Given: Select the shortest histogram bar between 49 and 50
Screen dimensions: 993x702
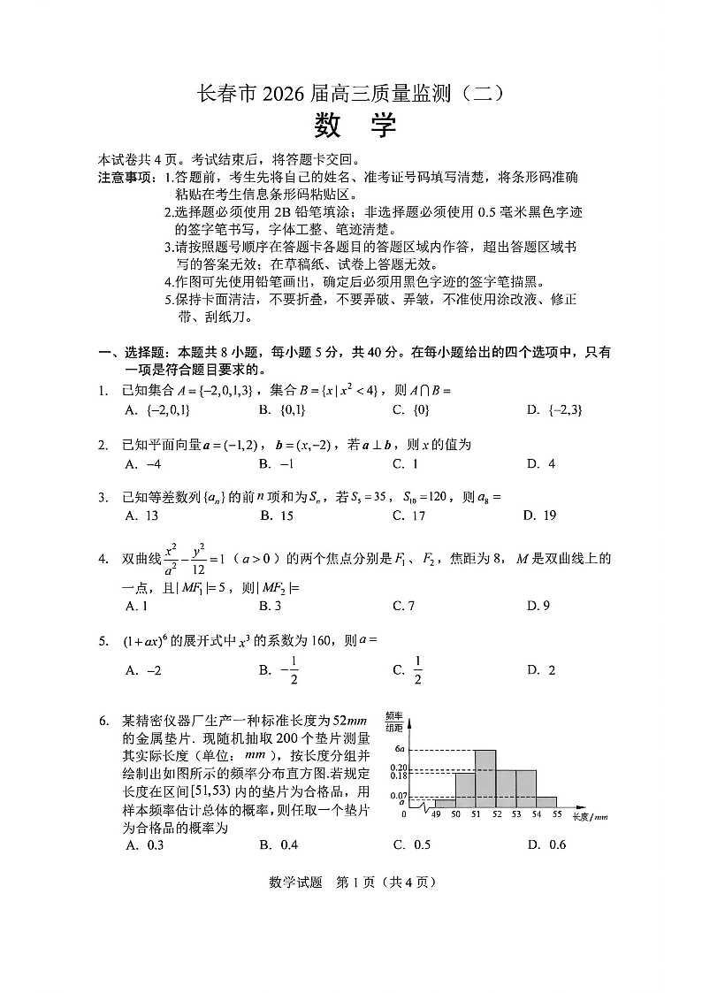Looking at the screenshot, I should click(x=445, y=804).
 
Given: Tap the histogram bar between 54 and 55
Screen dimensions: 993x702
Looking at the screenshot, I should click(x=546, y=802).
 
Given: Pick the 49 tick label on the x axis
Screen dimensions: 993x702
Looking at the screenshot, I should click(x=435, y=814).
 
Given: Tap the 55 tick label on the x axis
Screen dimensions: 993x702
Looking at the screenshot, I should click(x=557, y=814).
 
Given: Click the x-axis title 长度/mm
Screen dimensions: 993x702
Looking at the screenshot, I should click(x=590, y=817).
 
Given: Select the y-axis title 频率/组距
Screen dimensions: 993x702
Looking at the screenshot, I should click(x=395, y=721).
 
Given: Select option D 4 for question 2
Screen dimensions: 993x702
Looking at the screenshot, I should click(x=541, y=463).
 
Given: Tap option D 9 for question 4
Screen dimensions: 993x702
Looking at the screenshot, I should click(x=538, y=606).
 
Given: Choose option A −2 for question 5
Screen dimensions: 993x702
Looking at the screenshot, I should click(x=143, y=670).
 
